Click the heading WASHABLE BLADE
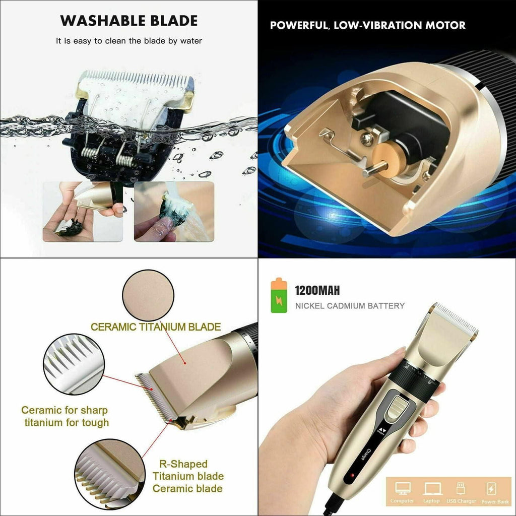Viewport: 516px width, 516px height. pos(128,21)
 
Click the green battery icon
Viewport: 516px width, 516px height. pos(279,296)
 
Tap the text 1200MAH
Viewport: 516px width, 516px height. pos(317,290)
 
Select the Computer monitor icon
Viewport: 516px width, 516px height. pos(403,488)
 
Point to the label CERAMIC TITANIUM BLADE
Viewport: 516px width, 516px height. pos(156,327)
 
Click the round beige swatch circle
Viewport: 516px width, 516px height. pos(148,295)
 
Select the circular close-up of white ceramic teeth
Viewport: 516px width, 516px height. pos(73,364)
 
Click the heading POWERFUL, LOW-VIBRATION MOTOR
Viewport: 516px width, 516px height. pos(368,25)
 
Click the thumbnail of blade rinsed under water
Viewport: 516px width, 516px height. pos(174,212)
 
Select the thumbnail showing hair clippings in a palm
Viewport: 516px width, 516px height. pos(83,212)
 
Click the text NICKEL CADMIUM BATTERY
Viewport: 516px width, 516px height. pos(350,305)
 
